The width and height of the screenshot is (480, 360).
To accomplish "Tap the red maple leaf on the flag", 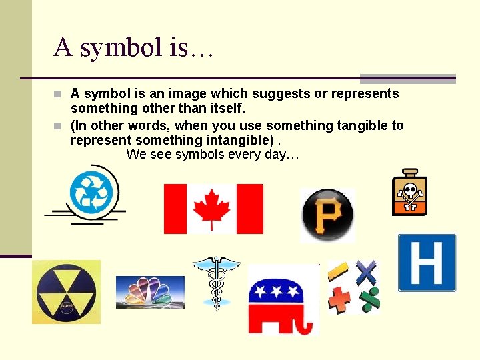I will click(x=212, y=209).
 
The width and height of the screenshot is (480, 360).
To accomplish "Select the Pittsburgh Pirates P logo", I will click(x=327, y=215).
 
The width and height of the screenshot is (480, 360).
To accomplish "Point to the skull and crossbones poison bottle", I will click(x=409, y=194).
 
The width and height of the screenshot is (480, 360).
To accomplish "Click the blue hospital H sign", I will click(x=427, y=263).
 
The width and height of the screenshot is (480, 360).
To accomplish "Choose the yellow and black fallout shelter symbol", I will click(x=66, y=292).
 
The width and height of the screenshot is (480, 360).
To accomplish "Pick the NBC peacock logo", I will click(x=150, y=291).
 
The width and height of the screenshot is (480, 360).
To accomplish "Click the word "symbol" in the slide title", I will click(x=131, y=47).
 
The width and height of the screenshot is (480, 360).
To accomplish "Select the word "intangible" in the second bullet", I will click(x=233, y=140).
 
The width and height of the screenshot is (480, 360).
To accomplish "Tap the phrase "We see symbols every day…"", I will click(x=213, y=155).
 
